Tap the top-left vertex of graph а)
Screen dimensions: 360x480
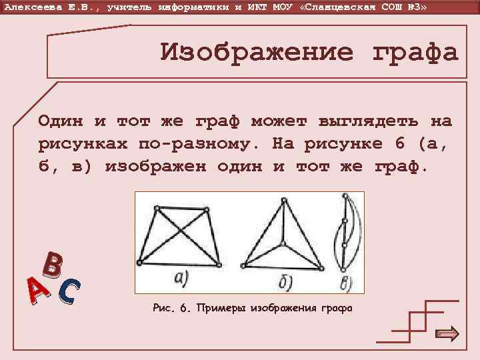[x=157, y=208]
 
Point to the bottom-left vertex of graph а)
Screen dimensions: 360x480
[x=139, y=261]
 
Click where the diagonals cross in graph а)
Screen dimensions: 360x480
[x=181, y=233]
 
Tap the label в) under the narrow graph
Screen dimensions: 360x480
[x=346, y=283]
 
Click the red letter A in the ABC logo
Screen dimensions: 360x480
[x=38, y=291]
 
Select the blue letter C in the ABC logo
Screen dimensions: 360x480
[x=69, y=289]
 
